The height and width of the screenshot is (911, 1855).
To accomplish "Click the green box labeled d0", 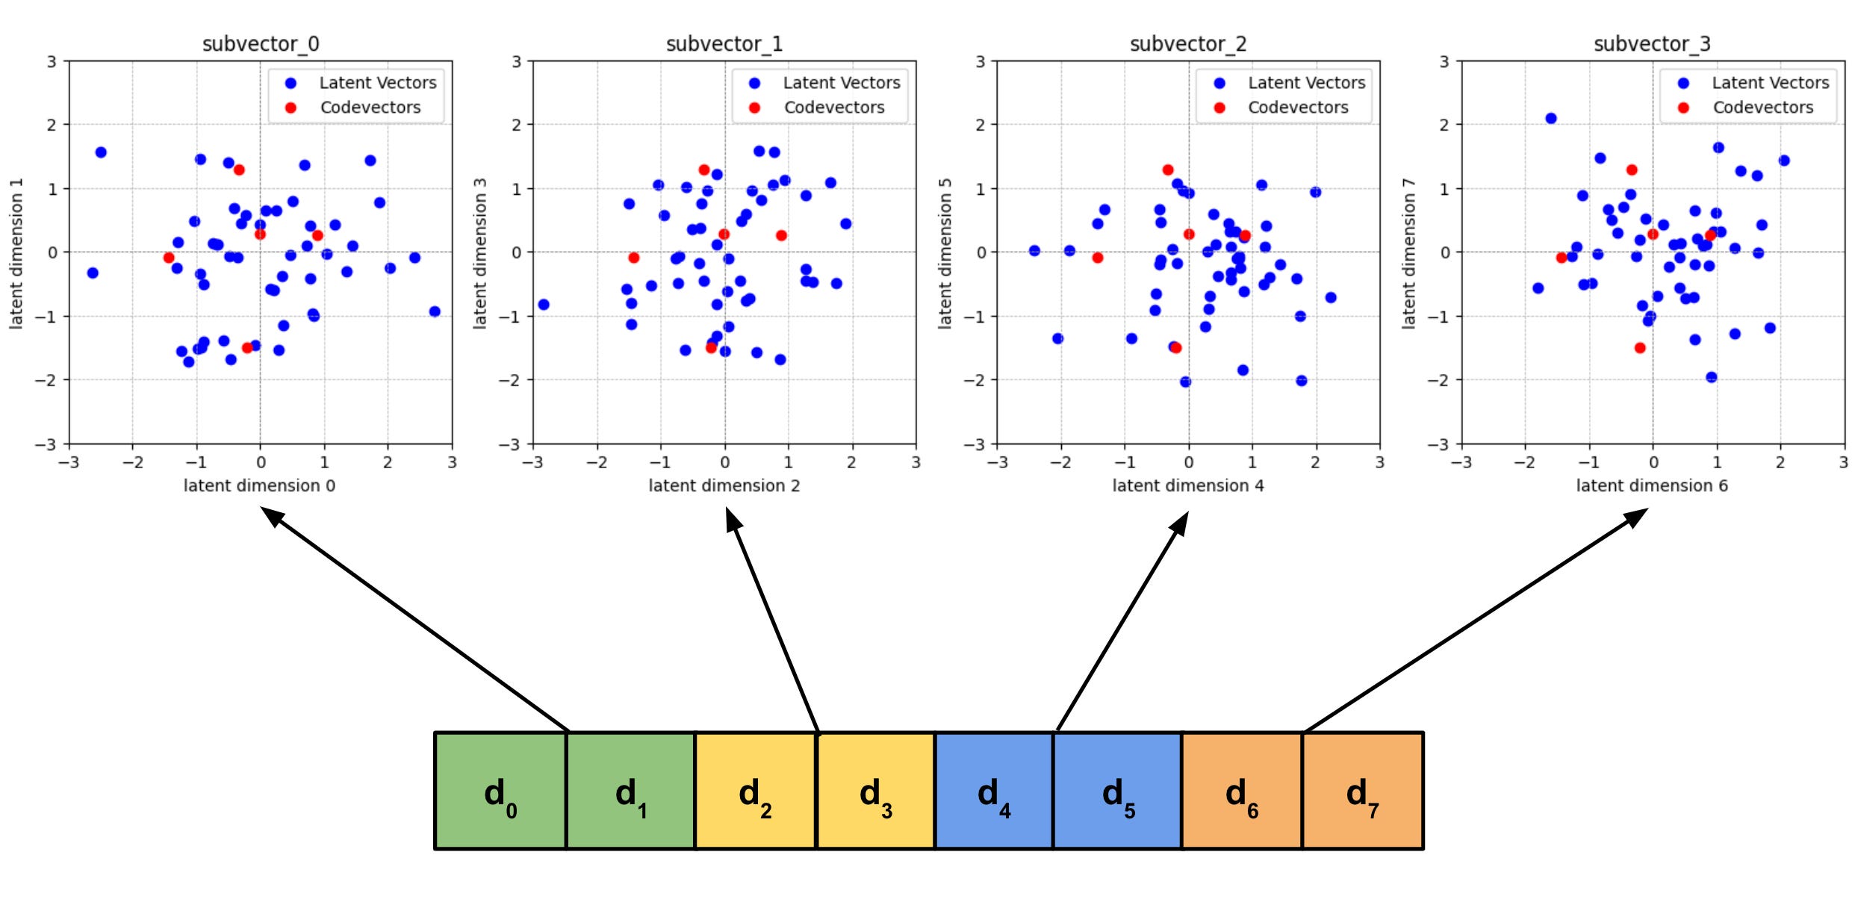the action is click(x=500, y=791).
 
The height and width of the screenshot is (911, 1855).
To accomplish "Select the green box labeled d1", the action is click(x=631, y=791).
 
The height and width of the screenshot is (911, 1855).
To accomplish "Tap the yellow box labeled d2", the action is click(x=756, y=791).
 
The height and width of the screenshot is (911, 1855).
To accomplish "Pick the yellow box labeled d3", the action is click(x=876, y=791).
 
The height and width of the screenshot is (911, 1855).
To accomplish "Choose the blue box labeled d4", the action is click(x=994, y=791).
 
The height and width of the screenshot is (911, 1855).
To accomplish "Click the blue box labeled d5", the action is click(x=1118, y=791).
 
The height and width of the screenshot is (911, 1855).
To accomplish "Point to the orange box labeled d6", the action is click(x=1243, y=791).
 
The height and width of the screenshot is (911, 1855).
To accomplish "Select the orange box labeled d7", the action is click(x=1363, y=791).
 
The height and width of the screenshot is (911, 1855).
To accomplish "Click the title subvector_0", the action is click(x=261, y=44).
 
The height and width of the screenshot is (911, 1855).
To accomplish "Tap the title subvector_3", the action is click(x=1652, y=44).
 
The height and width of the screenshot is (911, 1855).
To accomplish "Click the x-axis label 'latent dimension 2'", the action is click(x=724, y=485).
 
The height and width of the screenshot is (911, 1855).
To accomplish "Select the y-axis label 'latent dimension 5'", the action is click(x=945, y=253).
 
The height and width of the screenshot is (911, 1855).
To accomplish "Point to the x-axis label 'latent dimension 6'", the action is click(x=1652, y=485).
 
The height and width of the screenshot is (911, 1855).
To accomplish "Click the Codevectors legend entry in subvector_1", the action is click(x=819, y=108).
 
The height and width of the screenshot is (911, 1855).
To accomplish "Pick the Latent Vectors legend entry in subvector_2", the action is click(x=1292, y=83).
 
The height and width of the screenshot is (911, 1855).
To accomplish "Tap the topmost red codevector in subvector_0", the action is click(x=239, y=170).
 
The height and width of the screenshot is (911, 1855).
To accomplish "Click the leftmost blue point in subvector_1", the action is click(x=544, y=305).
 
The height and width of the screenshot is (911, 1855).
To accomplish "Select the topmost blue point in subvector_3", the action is click(x=1551, y=118).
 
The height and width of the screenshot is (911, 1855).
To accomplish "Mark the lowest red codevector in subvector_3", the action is click(x=1640, y=348).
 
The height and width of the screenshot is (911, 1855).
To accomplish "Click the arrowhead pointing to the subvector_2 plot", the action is click(x=1180, y=523).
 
